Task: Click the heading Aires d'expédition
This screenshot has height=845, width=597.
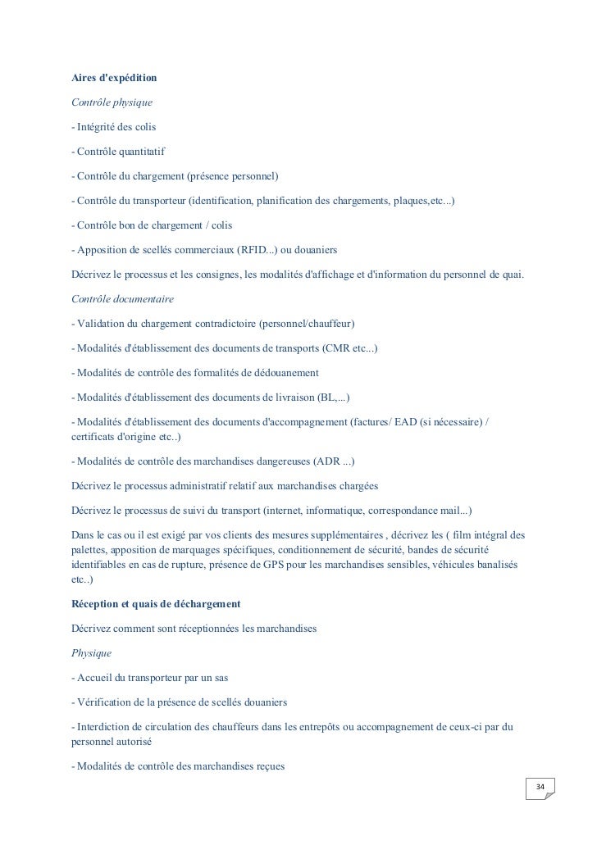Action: [x=114, y=79]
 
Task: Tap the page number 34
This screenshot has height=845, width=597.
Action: [x=540, y=788]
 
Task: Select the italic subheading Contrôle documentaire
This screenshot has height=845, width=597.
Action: [x=123, y=299]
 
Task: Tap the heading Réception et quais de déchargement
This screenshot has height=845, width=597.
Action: [x=156, y=603]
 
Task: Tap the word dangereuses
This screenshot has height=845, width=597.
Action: [x=271, y=461]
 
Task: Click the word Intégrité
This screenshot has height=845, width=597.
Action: [x=97, y=128]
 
